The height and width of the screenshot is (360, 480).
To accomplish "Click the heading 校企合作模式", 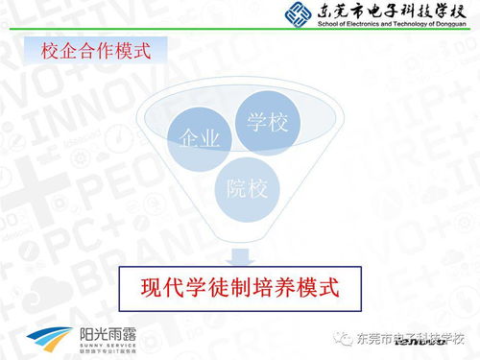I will point(96,50).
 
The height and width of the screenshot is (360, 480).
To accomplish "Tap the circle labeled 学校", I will point(268,123).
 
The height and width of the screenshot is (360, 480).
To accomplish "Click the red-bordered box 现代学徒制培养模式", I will point(240,286).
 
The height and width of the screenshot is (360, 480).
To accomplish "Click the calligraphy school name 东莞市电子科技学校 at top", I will point(389,12).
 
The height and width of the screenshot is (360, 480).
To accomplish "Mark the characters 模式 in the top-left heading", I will point(132,50).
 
